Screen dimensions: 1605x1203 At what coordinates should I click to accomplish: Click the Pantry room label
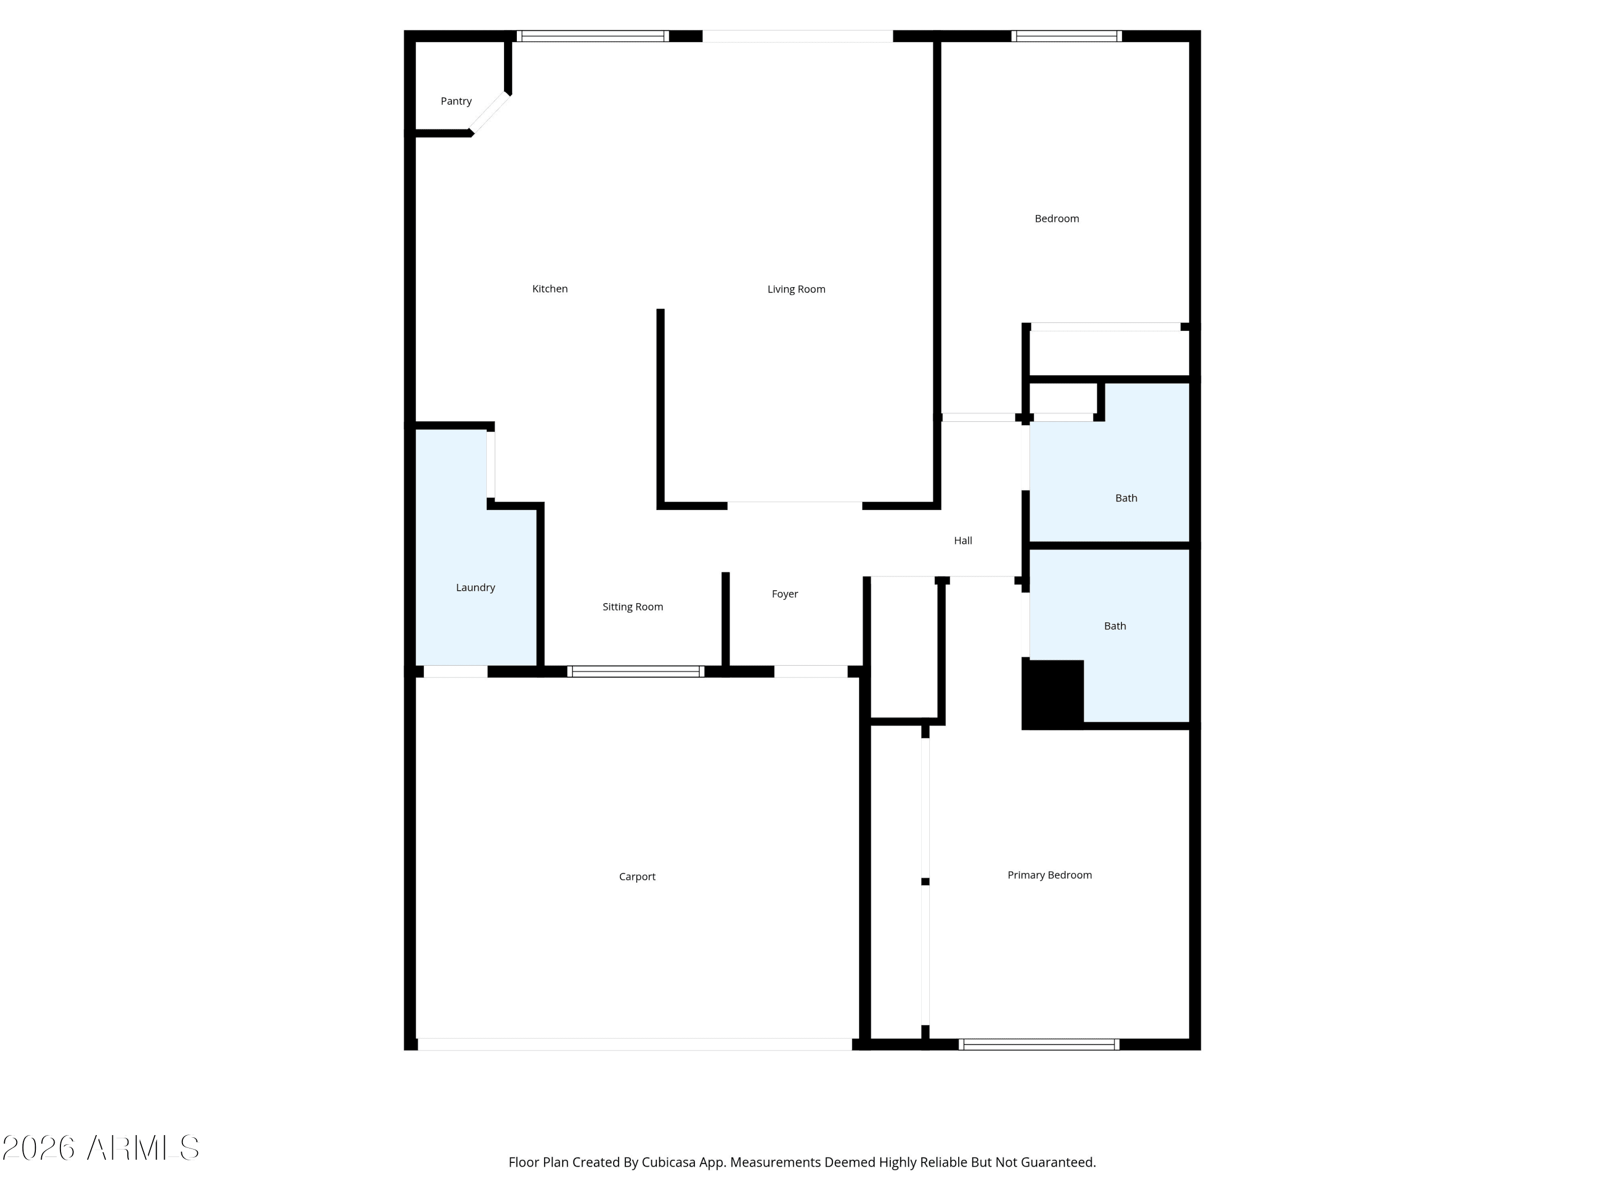click(456, 101)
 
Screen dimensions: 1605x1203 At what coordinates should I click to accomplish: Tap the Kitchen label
click(550, 289)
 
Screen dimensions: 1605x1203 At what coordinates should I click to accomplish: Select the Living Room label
click(796, 289)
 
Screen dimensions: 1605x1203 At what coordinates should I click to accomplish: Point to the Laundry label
click(475, 588)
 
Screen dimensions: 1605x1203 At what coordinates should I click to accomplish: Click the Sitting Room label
click(633, 607)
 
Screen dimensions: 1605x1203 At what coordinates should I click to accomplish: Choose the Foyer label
click(784, 594)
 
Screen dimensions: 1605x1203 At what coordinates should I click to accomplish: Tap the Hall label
click(963, 540)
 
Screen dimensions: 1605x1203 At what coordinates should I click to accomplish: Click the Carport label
click(637, 877)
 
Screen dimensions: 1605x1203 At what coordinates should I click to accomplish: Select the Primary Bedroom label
click(1049, 875)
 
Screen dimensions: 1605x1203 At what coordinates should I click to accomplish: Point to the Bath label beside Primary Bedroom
click(1115, 626)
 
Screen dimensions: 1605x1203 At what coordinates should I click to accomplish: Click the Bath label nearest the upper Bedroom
click(1126, 498)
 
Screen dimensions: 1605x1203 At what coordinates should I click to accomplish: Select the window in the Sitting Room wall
click(636, 672)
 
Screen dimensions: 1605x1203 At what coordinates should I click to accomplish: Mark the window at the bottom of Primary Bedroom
click(1039, 1044)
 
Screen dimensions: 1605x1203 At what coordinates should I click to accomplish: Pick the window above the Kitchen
click(593, 36)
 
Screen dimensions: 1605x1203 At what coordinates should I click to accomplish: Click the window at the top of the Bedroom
click(1067, 36)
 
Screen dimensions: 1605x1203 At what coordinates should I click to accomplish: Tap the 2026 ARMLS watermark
click(101, 1148)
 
